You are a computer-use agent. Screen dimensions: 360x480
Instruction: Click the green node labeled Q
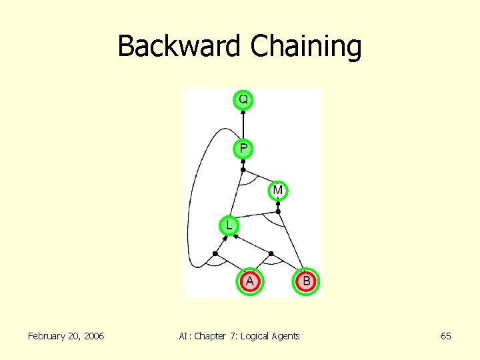243,100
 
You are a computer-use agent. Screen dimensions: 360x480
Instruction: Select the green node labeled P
243,148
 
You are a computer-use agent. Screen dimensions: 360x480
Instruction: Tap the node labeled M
278,191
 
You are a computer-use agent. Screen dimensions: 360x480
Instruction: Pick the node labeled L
229,225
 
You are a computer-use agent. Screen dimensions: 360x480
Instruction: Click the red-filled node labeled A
249,281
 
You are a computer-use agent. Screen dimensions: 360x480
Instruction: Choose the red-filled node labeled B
306,281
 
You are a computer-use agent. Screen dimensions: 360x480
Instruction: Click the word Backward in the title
180,47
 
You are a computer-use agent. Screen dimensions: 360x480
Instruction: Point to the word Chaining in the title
306,47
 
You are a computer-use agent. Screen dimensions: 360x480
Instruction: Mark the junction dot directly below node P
243,169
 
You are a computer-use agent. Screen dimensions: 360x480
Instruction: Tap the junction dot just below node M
279,211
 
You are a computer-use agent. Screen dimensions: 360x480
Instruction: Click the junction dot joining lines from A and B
271,253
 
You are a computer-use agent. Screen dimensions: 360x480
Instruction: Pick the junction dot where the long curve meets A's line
215,253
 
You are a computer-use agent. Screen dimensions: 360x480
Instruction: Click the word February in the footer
48,336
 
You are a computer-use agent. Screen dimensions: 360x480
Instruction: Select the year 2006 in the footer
91,336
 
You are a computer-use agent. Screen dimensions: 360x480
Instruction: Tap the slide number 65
446,336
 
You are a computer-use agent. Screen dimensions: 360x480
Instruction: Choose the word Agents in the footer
286,336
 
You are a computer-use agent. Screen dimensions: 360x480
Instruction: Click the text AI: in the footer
185,336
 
